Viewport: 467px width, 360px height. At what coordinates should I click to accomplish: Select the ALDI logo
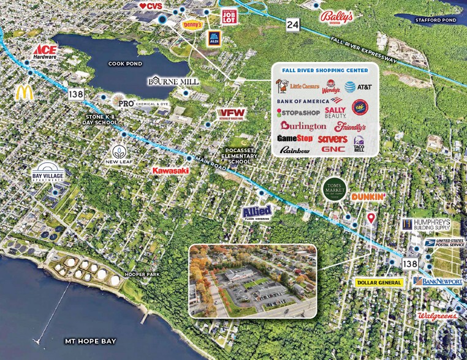pyautogui.click(x=213, y=37)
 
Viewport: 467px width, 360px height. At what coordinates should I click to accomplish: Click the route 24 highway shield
pyautogui.click(x=293, y=24)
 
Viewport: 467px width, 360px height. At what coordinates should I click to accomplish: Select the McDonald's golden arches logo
pyautogui.click(x=25, y=92)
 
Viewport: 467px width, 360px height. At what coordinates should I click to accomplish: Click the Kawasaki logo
pyautogui.click(x=170, y=170)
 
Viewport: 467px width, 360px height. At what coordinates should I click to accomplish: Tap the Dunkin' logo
pyautogui.click(x=368, y=197)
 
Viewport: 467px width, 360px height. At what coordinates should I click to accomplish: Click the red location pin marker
pyautogui.click(x=370, y=219)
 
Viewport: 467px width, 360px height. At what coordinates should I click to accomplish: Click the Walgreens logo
pyautogui.click(x=437, y=316)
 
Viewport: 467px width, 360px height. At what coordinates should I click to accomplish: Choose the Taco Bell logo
pyautogui.click(x=359, y=145)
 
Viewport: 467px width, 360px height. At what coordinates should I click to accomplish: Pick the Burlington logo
pyautogui.click(x=303, y=126)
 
